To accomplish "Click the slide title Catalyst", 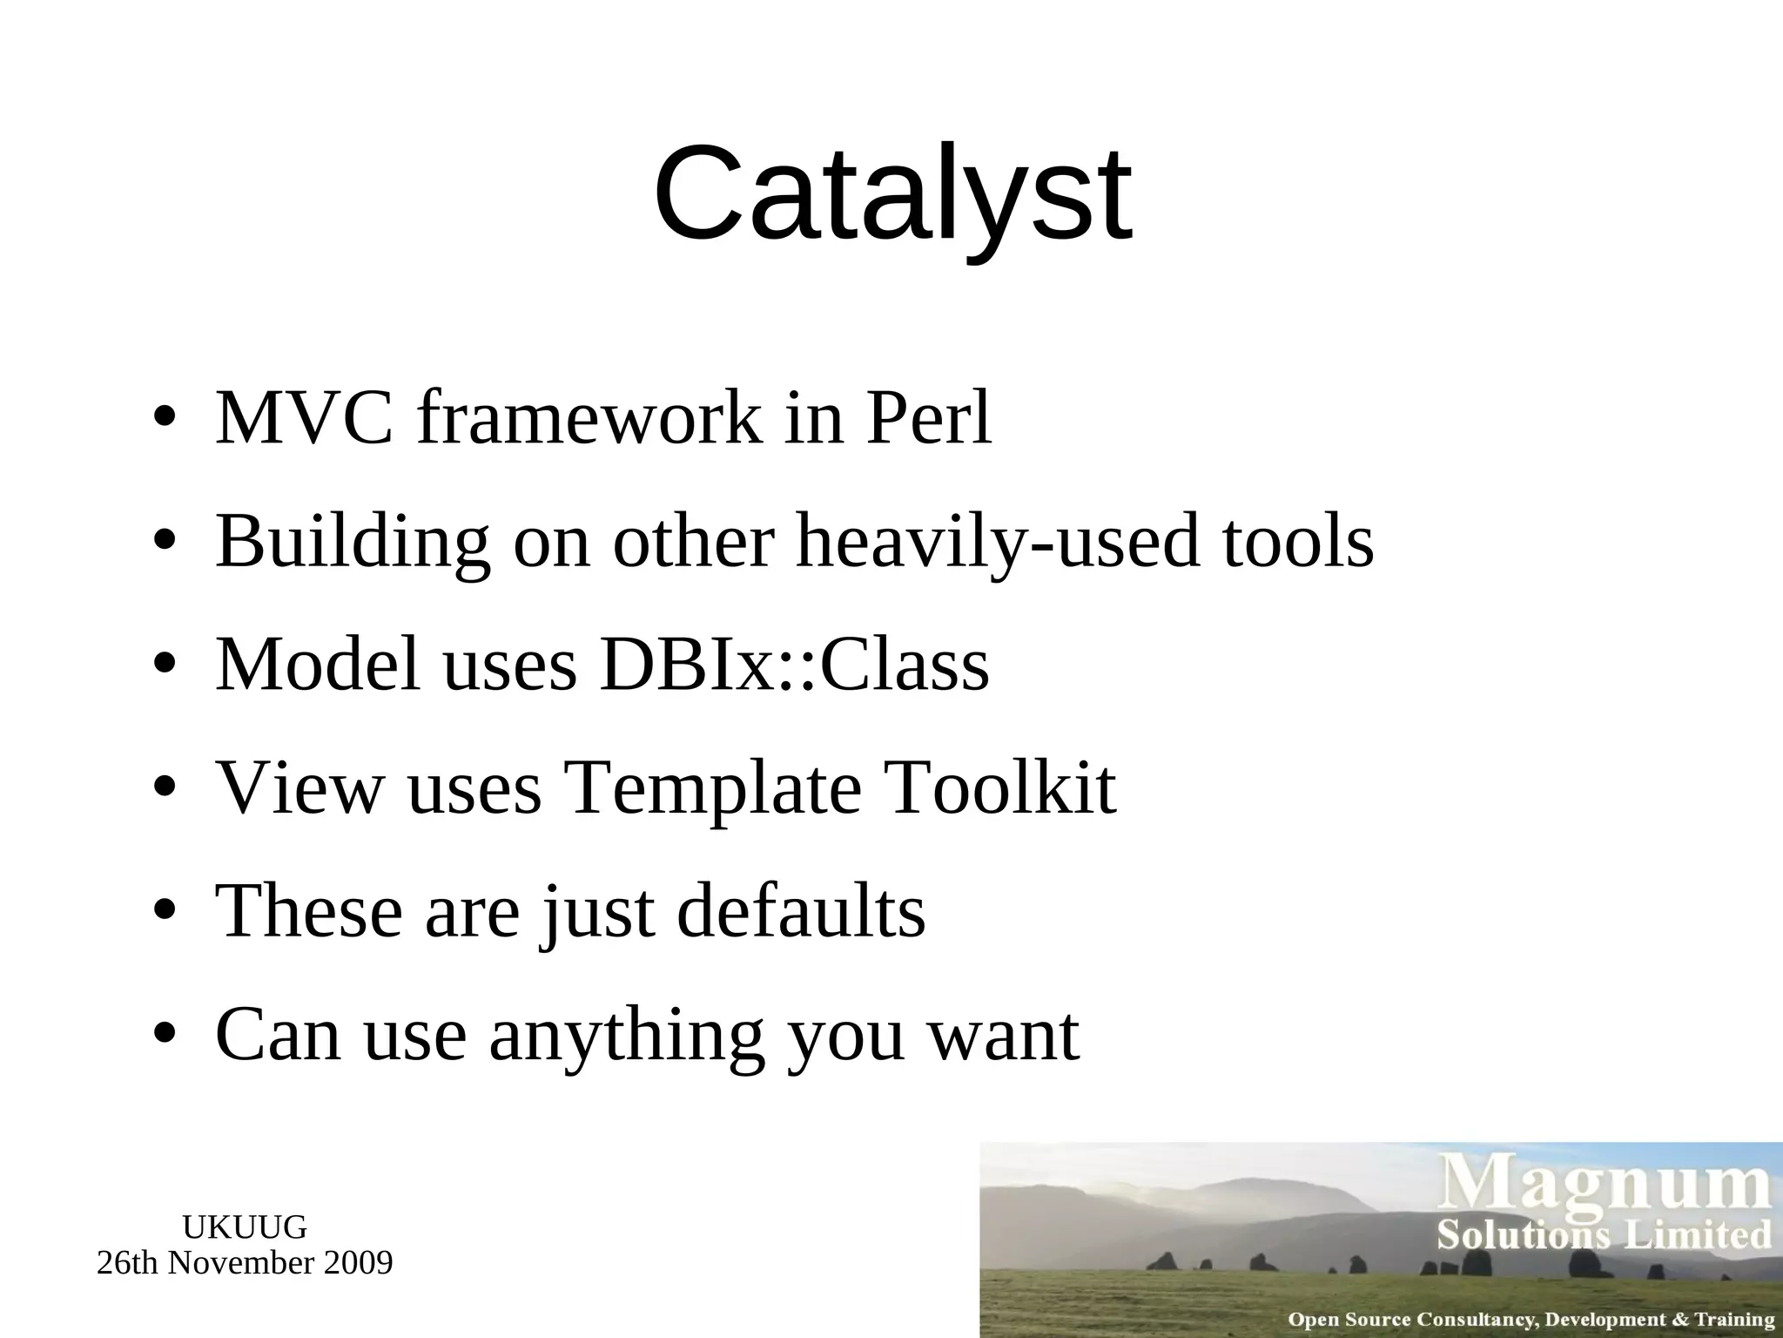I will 892,195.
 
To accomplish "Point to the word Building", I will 353,544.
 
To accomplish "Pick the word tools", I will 1298,542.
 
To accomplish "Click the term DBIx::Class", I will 794,665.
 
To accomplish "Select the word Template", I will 712,788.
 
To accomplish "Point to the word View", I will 299,788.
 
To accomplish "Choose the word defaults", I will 801,911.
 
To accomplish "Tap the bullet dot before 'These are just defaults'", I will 165,912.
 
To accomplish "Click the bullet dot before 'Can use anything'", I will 165,1036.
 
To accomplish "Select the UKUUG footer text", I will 245,1227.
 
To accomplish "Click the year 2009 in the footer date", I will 358,1262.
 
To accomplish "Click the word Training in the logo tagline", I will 1733,1320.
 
